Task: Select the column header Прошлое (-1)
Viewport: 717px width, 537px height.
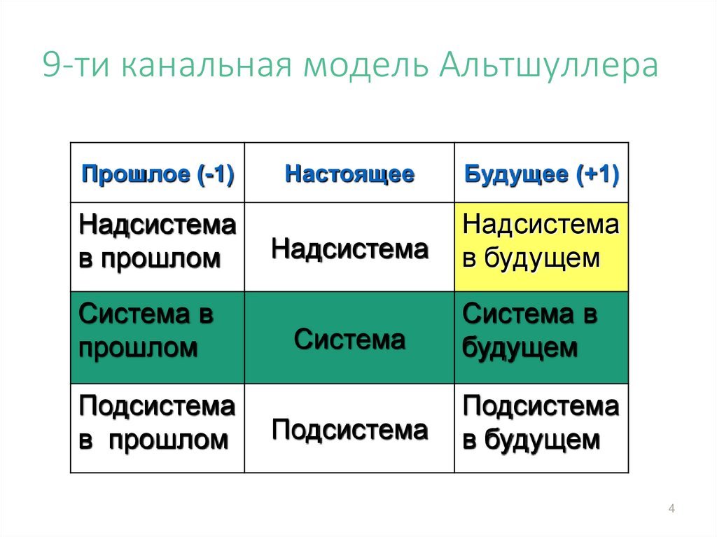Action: pos(158,174)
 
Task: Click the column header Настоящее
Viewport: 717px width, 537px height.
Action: pos(349,174)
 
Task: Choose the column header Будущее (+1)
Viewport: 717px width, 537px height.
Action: pos(541,174)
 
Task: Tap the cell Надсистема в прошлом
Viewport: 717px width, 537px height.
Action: pos(158,242)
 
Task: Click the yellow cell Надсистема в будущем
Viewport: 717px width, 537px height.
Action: pos(541,242)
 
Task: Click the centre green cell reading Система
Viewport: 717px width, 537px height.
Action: pos(349,340)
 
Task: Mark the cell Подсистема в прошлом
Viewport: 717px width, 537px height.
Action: pos(158,423)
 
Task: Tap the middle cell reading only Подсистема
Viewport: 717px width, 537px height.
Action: pos(349,429)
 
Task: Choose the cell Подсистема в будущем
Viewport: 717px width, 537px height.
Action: pos(541,423)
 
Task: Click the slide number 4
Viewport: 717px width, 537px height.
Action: pos(671,509)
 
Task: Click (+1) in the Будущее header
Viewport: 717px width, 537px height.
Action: pos(598,174)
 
